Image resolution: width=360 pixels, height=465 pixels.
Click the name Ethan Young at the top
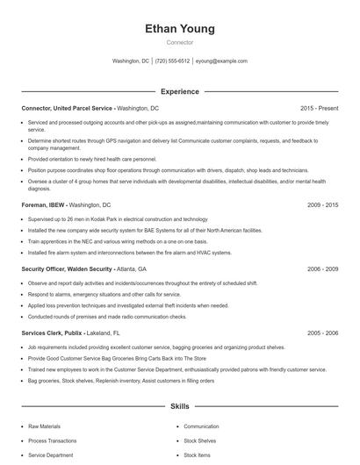[180, 29]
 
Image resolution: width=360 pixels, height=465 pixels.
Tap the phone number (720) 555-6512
[172, 61]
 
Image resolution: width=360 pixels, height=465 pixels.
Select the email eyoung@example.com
[221, 61]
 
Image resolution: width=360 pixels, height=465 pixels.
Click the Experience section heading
[180, 91]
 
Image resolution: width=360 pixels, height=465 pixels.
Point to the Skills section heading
[180, 407]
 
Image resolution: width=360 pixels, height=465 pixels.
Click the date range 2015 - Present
[319, 108]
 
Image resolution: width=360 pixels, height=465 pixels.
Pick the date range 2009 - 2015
[322, 204]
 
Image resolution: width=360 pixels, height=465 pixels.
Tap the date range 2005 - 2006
[322, 333]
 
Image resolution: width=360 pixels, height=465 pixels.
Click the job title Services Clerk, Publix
[56, 333]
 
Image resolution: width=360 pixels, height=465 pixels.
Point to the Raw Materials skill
[46, 426]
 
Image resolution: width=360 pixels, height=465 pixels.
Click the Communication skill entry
[201, 426]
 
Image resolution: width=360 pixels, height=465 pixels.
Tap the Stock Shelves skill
[200, 440]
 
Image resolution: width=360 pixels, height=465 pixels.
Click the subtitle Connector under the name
[180, 42]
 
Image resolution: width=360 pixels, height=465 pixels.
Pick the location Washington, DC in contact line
[131, 61]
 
